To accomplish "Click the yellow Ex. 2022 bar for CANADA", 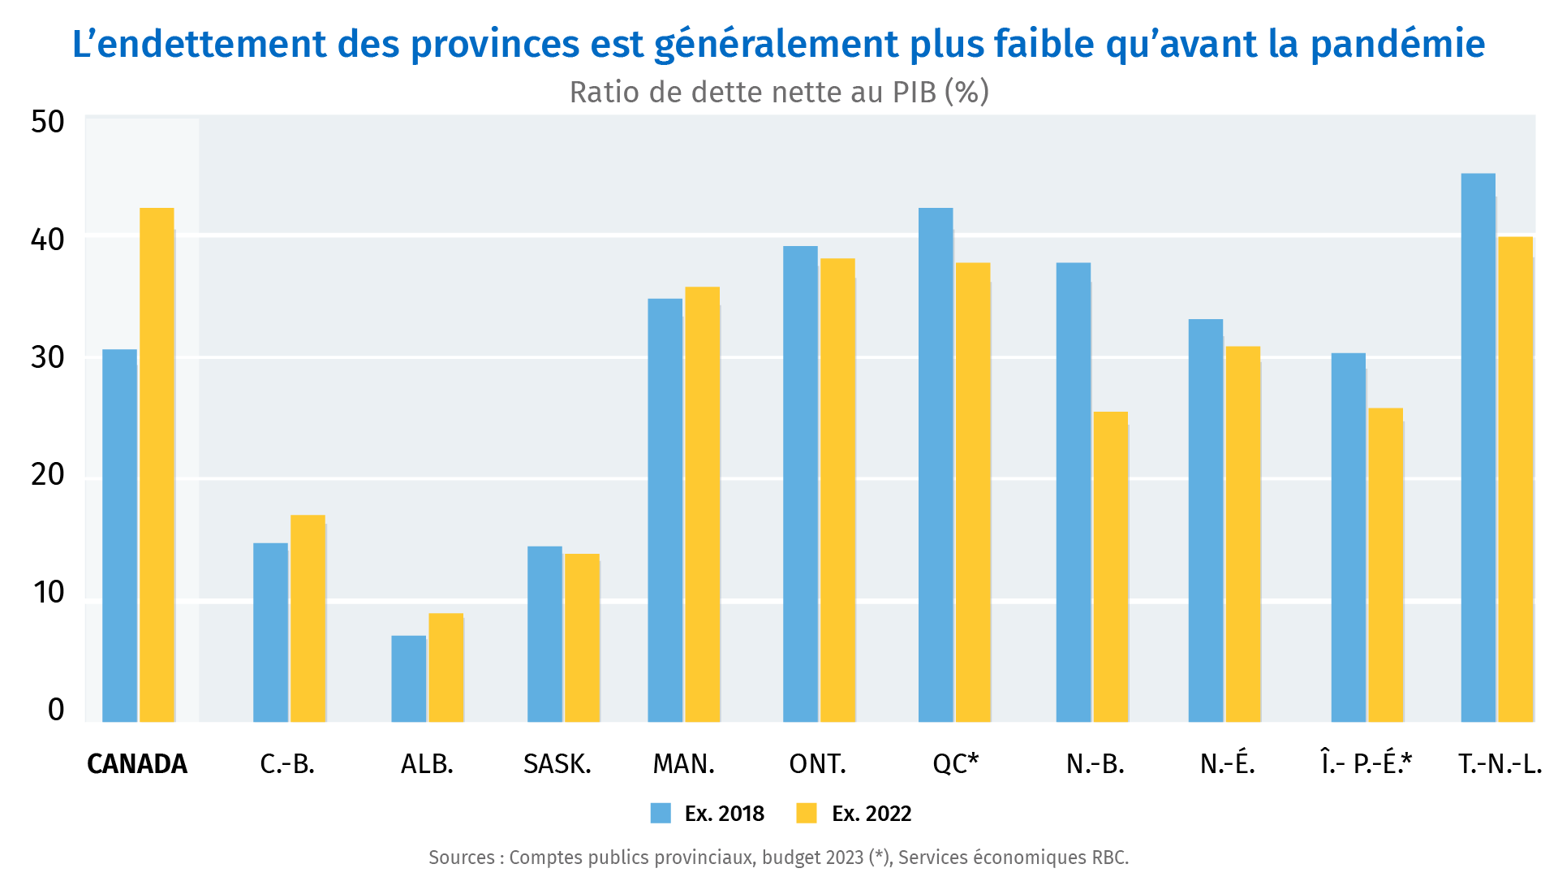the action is point(157,464).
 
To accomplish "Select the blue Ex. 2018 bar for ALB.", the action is point(409,679).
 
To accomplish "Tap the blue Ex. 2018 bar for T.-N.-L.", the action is point(1478,447).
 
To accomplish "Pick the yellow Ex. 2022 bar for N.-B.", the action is point(1111,567).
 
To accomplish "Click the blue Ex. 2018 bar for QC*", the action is point(936,464).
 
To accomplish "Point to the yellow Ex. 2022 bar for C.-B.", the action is point(308,619).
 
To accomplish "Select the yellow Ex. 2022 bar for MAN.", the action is point(703,504).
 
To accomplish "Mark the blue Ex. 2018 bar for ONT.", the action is point(800,484).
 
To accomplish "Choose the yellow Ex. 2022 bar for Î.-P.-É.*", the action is point(1386,565).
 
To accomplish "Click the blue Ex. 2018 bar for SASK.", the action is point(544,634).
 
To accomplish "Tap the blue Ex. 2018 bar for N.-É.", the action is point(1206,521).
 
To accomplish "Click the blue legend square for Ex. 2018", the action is point(661,813).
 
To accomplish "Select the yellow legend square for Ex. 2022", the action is point(807,813).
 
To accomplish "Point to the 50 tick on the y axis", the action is point(48,122).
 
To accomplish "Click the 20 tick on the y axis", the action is point(48,474).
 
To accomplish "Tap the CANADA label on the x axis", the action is point(137,764).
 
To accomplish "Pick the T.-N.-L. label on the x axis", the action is point(1500,764).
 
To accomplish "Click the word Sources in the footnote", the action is point(462,858).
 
